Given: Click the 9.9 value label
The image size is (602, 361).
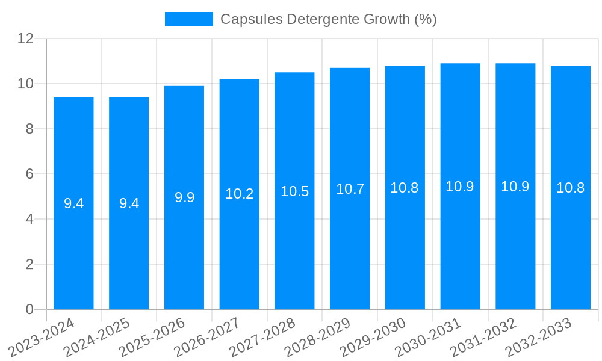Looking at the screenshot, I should (x=184, y=197).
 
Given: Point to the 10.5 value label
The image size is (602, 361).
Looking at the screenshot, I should (x=294, y=191).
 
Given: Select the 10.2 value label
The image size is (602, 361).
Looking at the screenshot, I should (x=239, y=194).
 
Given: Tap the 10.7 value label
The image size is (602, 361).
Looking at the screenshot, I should (x=350, y=189).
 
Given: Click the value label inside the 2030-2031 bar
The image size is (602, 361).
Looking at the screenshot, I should (x=460, y=187).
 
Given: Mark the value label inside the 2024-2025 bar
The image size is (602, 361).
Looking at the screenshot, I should (x=129, y=203).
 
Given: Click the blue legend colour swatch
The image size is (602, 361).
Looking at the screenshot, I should (x=188, y=19).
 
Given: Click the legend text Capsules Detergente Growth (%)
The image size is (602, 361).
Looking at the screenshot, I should (x=328, y=19).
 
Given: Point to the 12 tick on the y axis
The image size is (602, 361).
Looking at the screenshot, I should (x=25, y=39).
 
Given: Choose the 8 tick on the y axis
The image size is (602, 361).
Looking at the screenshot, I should (x=29, y=129).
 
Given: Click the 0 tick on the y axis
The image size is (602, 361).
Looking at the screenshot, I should (x=29, y=309).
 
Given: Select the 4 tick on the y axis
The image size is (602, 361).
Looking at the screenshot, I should (x=29, y=219).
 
